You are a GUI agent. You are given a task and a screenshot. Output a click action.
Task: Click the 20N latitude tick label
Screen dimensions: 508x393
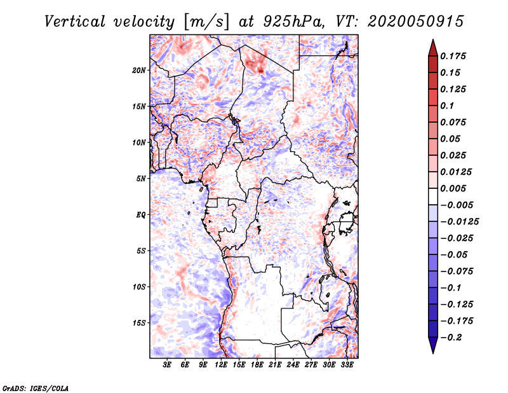coord(138,71)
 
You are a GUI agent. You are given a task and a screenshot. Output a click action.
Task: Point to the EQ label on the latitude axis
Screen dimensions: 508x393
coord(140,215)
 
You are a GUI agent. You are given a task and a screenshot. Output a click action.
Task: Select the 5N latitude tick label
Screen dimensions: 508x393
coord(141,179)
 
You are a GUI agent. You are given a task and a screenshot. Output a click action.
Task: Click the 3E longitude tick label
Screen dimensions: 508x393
coord(167,365)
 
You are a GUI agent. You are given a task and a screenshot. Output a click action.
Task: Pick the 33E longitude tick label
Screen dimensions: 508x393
coord(347,365)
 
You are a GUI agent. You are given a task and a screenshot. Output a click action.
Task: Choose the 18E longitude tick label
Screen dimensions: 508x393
coord(257,365)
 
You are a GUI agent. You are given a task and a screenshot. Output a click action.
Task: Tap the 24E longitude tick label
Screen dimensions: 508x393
coord(293,365)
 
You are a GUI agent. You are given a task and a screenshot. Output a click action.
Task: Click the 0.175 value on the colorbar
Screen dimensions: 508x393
coord(453,56)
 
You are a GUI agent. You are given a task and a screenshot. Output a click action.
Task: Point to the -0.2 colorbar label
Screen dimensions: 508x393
coord(451,338)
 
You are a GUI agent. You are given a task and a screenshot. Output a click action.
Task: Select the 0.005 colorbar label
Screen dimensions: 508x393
coord(453,188)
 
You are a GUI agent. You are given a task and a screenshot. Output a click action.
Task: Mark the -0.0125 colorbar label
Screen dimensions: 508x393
coord(459,222)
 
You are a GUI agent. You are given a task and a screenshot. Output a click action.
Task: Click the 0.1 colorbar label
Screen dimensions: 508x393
coord(447,106)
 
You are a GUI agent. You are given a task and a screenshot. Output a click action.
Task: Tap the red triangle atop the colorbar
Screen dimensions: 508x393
coord(433,48)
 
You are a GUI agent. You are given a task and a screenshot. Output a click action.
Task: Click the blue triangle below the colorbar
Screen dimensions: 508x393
coord(433,345)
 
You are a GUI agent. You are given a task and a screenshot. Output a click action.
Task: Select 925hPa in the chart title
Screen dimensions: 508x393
coord(293,22)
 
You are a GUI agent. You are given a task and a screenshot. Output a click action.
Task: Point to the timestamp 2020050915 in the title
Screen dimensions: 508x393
coord(415,22)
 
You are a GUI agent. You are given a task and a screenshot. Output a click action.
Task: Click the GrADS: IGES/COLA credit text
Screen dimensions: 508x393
coord(36,388)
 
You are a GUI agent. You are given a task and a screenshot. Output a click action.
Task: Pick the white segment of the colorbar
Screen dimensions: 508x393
coord(433,197)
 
